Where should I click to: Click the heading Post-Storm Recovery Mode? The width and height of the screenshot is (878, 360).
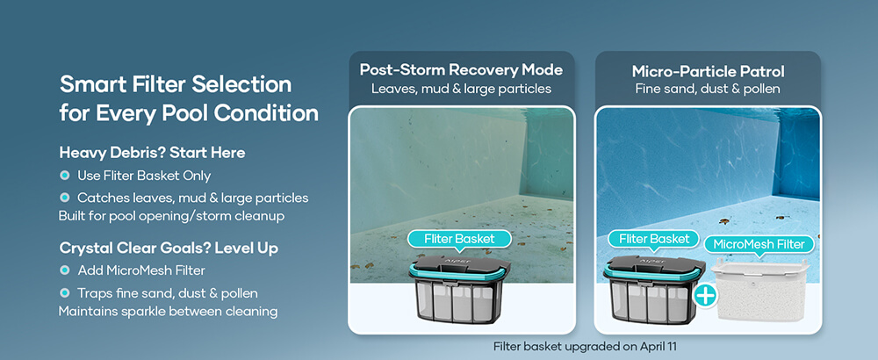click(461, 70)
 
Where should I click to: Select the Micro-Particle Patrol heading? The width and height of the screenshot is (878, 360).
click(708, 72)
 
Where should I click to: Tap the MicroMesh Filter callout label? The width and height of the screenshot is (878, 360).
click(759, 245)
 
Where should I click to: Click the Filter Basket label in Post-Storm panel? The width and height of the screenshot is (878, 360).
click(459, 239)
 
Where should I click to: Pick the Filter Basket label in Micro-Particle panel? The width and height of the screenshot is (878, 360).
click(653, 239)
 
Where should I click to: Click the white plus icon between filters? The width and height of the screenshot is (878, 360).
click(706, 295)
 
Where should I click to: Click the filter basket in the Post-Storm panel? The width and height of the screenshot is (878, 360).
click(459, 290)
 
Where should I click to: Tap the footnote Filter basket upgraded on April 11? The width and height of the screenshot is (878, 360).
click(585, 347)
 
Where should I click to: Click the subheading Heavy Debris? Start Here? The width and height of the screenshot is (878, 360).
click(152, 152)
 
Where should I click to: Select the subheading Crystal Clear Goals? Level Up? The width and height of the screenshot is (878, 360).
click(169, 248)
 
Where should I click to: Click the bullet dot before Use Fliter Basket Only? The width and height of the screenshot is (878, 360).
click(64, 176)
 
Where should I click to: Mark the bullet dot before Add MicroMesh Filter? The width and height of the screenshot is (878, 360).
click(64, 270)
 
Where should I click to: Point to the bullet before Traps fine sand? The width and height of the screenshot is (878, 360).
click(64, 292)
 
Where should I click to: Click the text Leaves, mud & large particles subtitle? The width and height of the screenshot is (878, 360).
click(461, 89)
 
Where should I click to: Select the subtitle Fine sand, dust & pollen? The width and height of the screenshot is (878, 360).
click(708, 89)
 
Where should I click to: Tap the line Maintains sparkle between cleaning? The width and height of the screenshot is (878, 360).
click(168, 312)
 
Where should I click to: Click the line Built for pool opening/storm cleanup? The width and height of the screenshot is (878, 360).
click(171, 216)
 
